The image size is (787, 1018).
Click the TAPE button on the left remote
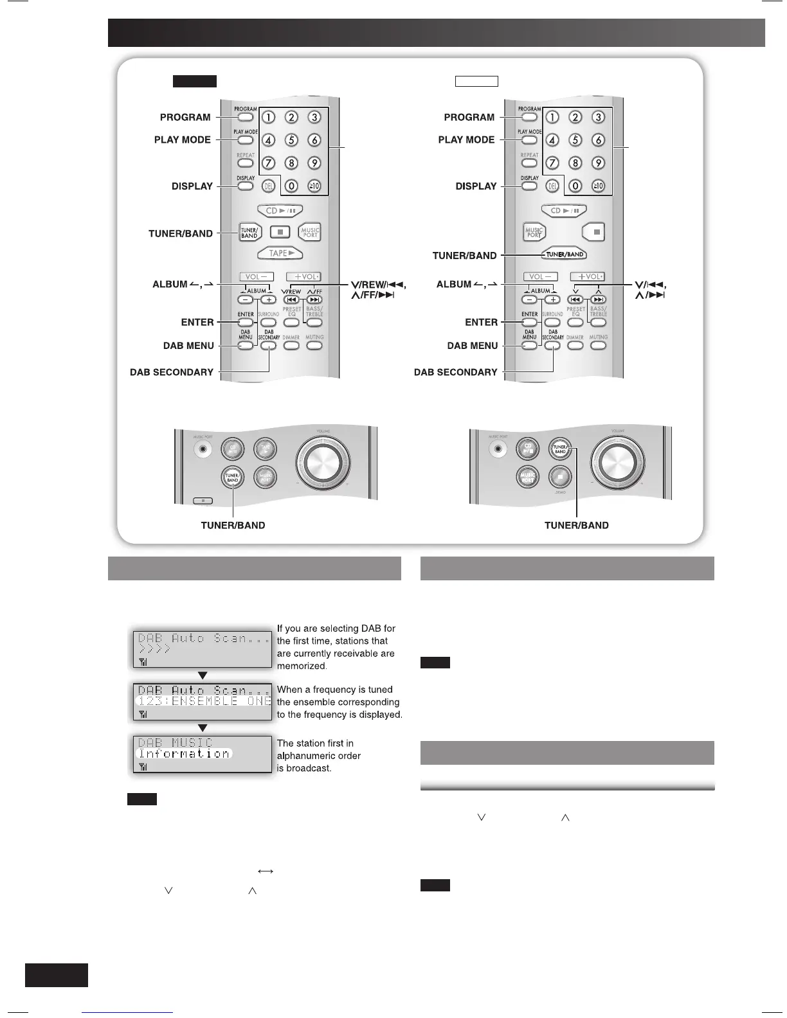tap(280, 253)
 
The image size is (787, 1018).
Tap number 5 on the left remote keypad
tap(291, 140)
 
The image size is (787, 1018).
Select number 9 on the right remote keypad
tap(598, 163)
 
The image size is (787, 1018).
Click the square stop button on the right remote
tap(595, 231)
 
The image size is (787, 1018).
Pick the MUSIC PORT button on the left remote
tap(310, 232)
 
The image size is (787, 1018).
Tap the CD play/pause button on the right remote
tap(564, 210)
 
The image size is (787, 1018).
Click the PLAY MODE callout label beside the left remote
tap(183, 139)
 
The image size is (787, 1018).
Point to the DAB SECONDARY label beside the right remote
tap(456, 372)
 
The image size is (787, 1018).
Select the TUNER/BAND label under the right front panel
tap(576, 525)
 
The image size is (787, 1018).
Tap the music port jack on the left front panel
tap(203, 449)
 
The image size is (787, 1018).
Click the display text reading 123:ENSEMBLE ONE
tap(204, 701)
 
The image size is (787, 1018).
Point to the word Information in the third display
tap(185, 754)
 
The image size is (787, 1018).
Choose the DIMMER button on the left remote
tap(291, 345)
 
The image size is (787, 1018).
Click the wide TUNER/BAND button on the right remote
tap(564, 254)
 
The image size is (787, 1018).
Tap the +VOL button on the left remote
tap(303, 277)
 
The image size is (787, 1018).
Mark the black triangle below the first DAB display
tap(203, 675)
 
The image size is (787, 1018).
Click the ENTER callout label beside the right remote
tap(482, 322)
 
